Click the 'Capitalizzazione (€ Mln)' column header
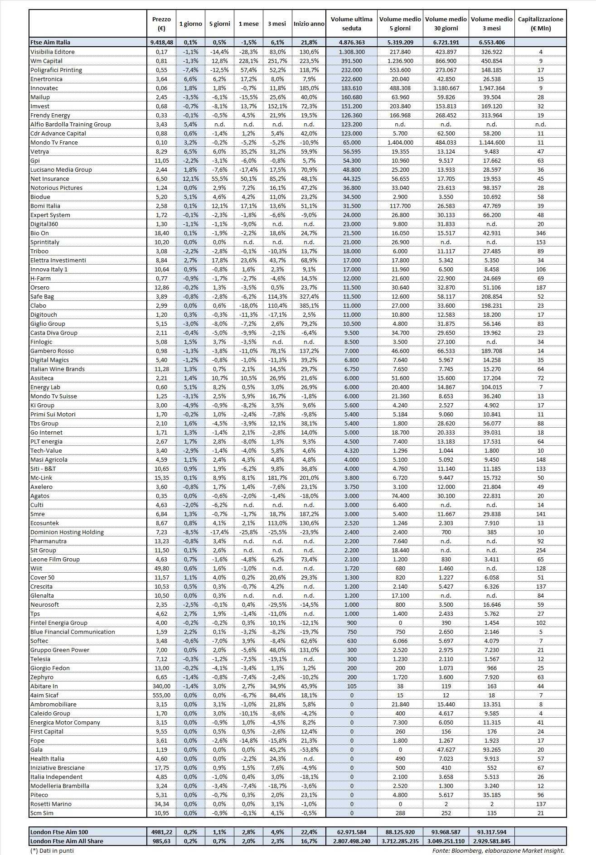tap(540, 24)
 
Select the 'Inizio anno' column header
tap(309, 24)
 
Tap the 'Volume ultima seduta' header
tap(351, 24)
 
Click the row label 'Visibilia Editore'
tap(52, 52)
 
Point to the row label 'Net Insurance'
tap(49, 179)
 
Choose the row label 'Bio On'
tap(39, 233)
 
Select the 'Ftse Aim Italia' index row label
tap(50, 42)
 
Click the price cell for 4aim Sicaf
tap(161, 695)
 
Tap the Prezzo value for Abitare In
tap(161, 686)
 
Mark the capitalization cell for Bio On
tap(540, 233)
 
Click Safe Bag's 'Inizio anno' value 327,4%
tap(309, 296)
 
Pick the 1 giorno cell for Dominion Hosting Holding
tap(190, 532)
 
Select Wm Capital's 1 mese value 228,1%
tap(248, 61)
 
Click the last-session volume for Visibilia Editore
tap(351, 52)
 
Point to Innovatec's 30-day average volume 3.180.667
tap(446, 88)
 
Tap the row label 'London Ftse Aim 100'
tap(59, 832)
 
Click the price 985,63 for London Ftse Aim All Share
tap(161, 841)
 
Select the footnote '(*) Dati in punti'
tap(52, 850)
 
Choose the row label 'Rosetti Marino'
tap(51, 804)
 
